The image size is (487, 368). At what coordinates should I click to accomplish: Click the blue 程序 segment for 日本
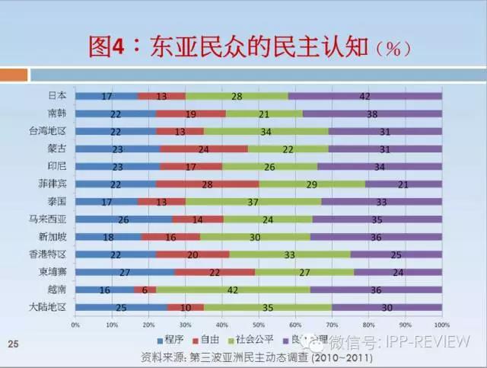click(107, 96)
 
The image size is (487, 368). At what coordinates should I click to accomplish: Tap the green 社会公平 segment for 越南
click(232, 290)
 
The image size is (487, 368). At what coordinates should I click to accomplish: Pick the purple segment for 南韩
click(372, 114)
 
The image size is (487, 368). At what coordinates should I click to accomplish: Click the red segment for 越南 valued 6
click(145, 290)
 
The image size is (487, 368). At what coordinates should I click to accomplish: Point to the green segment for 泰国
click(253, 202)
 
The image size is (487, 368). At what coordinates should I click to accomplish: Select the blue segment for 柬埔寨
click(125, 272)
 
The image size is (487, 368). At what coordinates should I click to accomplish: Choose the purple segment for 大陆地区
click(387, 307)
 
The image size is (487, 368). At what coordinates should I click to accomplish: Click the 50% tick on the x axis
click(259, 325)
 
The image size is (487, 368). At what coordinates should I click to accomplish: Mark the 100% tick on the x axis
click(442, 325)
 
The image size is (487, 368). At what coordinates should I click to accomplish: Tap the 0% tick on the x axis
click(75, 325)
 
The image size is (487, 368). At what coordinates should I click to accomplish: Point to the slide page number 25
click(12, 344)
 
